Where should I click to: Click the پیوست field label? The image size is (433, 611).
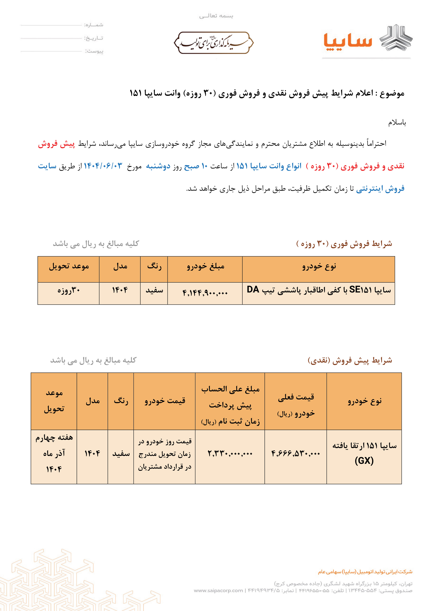(94, 51)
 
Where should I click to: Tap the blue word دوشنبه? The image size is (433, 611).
(158, 166)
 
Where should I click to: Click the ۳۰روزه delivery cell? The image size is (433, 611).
(69, 290)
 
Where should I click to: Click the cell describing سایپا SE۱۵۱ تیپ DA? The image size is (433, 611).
(319, 290)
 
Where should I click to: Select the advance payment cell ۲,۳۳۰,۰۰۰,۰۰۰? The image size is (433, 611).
(230, 453)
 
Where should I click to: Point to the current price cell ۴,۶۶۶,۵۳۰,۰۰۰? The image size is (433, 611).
(295, 453)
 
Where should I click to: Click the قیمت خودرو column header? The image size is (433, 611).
(165, 401)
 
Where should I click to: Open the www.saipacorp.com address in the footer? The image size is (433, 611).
(218, 590)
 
